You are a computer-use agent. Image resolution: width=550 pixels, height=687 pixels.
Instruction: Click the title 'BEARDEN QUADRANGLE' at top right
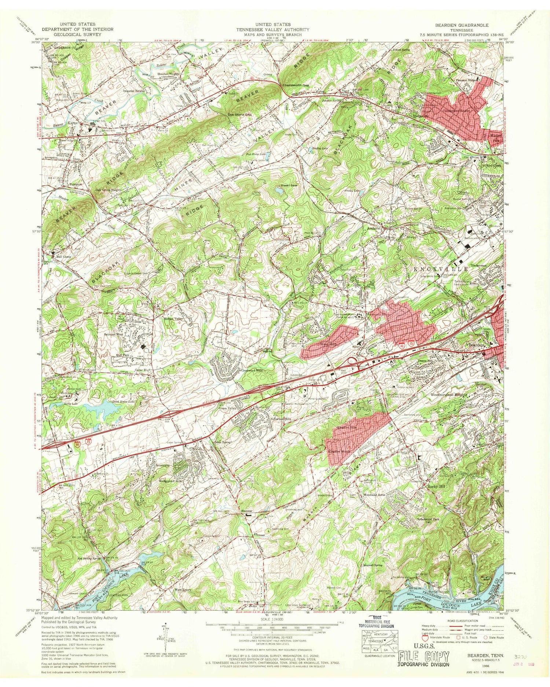[x=462, y=25]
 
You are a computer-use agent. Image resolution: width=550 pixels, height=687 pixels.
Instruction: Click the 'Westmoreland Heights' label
[x=448, y=395]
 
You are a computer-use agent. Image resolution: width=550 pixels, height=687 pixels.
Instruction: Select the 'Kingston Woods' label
[x=341, y=451]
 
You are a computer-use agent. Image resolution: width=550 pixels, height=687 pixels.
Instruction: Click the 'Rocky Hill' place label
[x=436, y=487]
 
